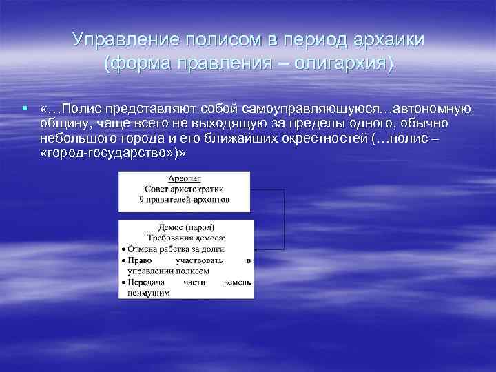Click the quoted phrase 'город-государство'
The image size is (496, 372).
[110, 152]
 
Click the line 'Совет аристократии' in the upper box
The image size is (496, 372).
[185, 189]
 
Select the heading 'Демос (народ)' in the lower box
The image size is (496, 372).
[185, 227]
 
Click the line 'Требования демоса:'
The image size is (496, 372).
[185, 238]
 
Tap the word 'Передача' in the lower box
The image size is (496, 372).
[144, 282]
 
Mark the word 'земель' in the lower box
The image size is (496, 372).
[237, 282]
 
